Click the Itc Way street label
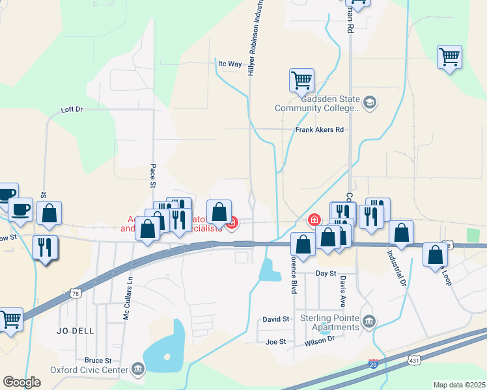(x=230, y=64)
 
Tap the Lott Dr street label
(x=72, y=109)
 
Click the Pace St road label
(x=154, y=175)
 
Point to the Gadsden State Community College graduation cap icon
(x=370, y=102)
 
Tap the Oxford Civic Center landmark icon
(x=138, y=369)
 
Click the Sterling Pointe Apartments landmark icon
(x=369, y=320)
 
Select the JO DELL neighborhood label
(x=75, y=331)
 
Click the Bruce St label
(x=98, y=360)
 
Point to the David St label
(x=276, y=319)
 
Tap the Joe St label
(x=276, y=341)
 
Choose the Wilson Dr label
(x=321, y=339)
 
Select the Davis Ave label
(x=342, y=291)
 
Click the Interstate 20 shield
(x=374, y=364)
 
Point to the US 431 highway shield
(x=414, y=359)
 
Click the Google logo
(x=21, y=382)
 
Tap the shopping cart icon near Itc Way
(x=301, y=81)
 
